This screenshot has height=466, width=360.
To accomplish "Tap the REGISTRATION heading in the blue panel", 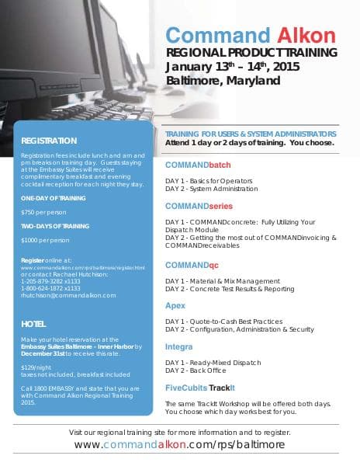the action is tap(49, 141).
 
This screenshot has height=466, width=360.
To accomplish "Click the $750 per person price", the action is tap(43, 212).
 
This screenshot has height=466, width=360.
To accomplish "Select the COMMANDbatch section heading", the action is tap(198, 165).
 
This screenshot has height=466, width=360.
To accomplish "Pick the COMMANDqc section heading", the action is tap(192, 265).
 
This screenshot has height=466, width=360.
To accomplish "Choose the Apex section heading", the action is tap(175, 305).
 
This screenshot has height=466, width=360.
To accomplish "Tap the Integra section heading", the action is tap(179, 346).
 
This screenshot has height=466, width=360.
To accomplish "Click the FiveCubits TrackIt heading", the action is tap(200, 387).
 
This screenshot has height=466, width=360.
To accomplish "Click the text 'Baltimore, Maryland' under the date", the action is tap(223, 80).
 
